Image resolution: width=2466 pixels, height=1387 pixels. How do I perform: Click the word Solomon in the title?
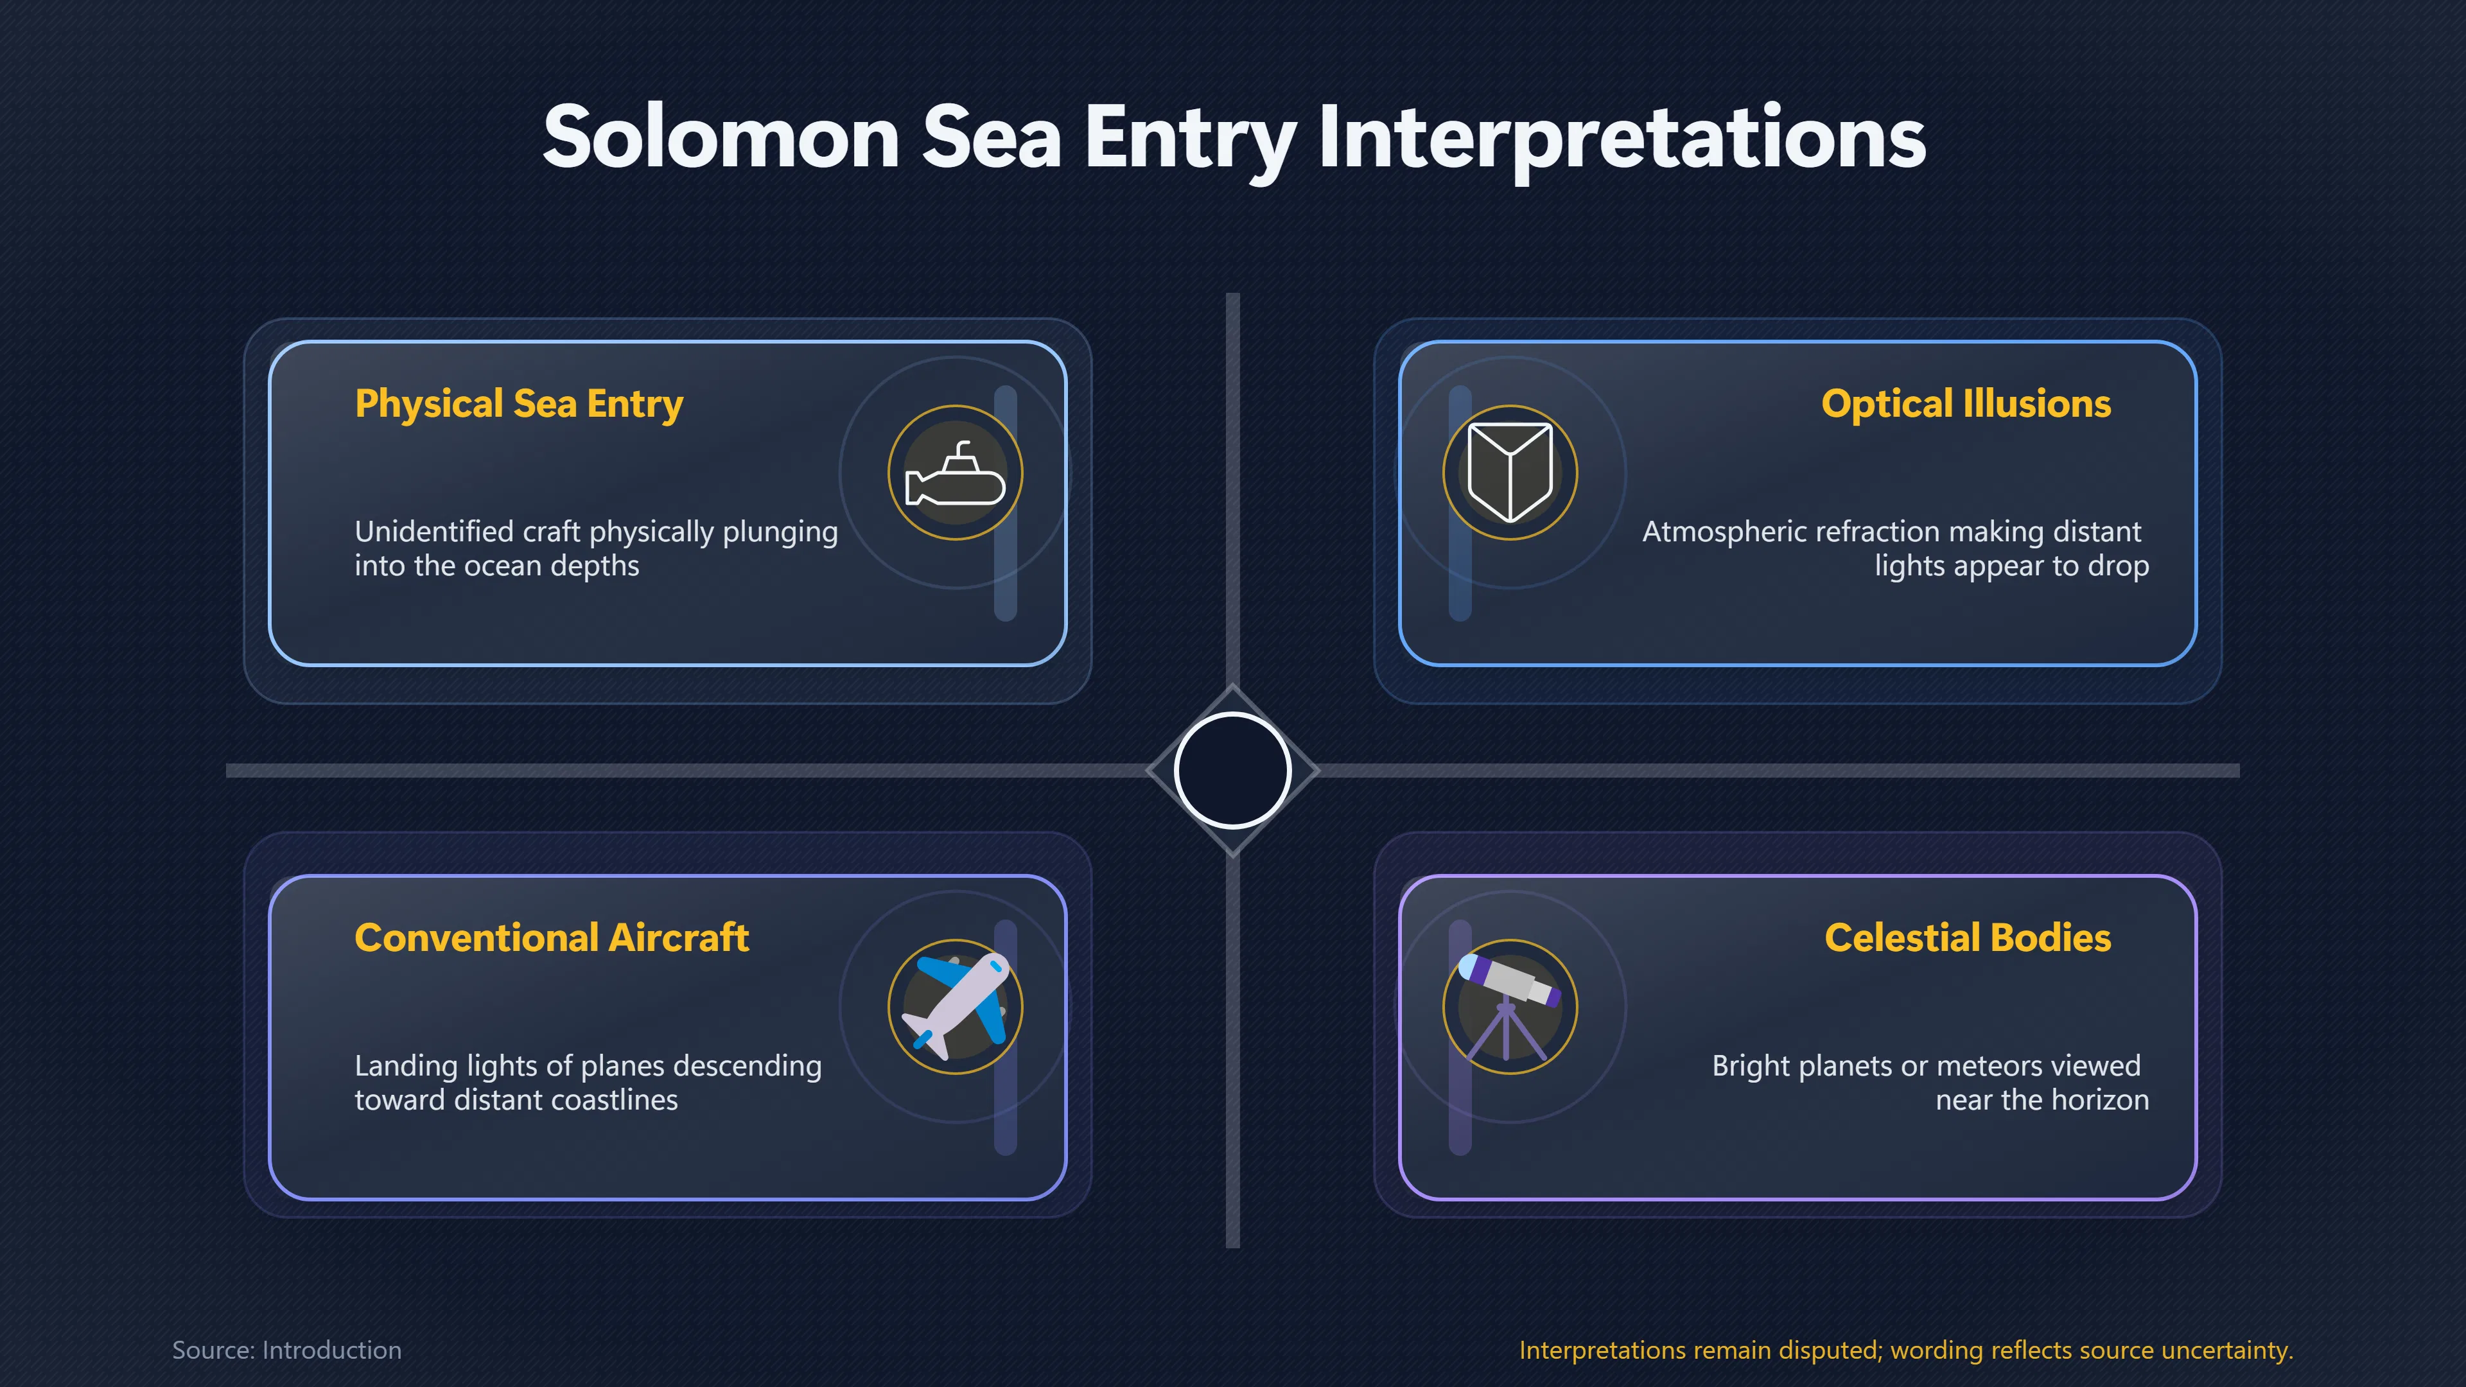pyautogui.click(x=721, y=138)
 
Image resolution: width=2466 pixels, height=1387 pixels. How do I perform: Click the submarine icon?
pyautogui.click(x=956, y=473)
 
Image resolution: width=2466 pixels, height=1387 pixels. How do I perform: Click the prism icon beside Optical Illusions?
pyautogui.click(x=1510, y=473)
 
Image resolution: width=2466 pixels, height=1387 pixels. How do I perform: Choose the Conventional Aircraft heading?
pyautogui.click(x=552, y=938)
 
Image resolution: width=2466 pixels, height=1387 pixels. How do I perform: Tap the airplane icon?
pyautogui.click(x=956, y=1006)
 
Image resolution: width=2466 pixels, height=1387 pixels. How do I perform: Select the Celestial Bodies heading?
pyautogui.click(x=1967, y=938)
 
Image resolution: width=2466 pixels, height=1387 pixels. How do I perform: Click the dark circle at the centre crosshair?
pyautogui.click(x=1233, y=771)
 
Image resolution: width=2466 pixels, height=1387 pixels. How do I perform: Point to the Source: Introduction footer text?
pyautogui.click(x=286, y=1350)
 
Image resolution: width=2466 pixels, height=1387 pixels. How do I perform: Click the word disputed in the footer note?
pyautogui.click(x=1830, y=1350)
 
